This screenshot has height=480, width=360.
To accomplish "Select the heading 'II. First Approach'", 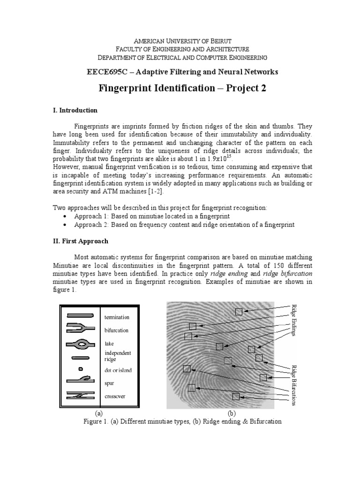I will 80,241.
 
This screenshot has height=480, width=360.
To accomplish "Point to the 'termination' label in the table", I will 117,317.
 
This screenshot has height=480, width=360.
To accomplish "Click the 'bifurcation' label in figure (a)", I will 116,330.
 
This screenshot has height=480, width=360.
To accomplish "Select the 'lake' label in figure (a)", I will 109,344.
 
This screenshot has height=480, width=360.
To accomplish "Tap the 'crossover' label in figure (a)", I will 115,396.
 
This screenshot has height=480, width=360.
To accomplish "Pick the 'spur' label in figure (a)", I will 109,383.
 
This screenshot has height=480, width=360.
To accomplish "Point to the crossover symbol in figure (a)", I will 81,395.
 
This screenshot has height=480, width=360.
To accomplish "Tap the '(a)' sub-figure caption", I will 98,413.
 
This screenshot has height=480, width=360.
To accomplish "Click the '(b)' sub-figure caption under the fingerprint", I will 231,413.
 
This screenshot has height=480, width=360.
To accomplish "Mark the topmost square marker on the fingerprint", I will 239,312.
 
